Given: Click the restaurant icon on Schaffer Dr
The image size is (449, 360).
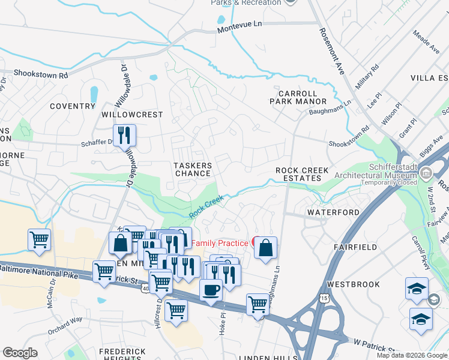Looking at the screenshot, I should coord(124,135).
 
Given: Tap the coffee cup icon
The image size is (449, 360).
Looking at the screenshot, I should coord(210,290).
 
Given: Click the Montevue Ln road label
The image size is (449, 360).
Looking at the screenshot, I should coord(240,23).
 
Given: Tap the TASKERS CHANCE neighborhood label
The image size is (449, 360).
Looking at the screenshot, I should coord(193,169).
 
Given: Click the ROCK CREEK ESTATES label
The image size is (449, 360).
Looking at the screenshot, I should coord(302,175).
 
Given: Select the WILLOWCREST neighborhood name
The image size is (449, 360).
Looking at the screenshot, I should coord(132,114).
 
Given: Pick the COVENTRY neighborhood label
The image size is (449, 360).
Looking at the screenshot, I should coord(73,106).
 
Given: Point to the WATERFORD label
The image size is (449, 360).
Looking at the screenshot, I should coord(333,212).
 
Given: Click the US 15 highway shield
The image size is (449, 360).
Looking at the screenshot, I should coord(325,298).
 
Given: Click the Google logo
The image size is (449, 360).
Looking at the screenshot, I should coord(20,353).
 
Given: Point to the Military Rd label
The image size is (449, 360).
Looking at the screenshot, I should coord(367,77).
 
